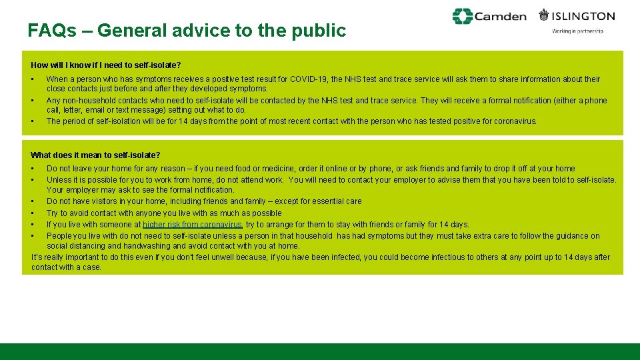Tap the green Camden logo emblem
coord(462,16)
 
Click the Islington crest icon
coord(545,15)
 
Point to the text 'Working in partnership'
coord(577,31)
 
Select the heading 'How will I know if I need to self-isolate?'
coord(106,65)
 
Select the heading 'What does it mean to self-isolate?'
coord(95,155)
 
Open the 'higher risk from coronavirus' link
coord(193,225)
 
